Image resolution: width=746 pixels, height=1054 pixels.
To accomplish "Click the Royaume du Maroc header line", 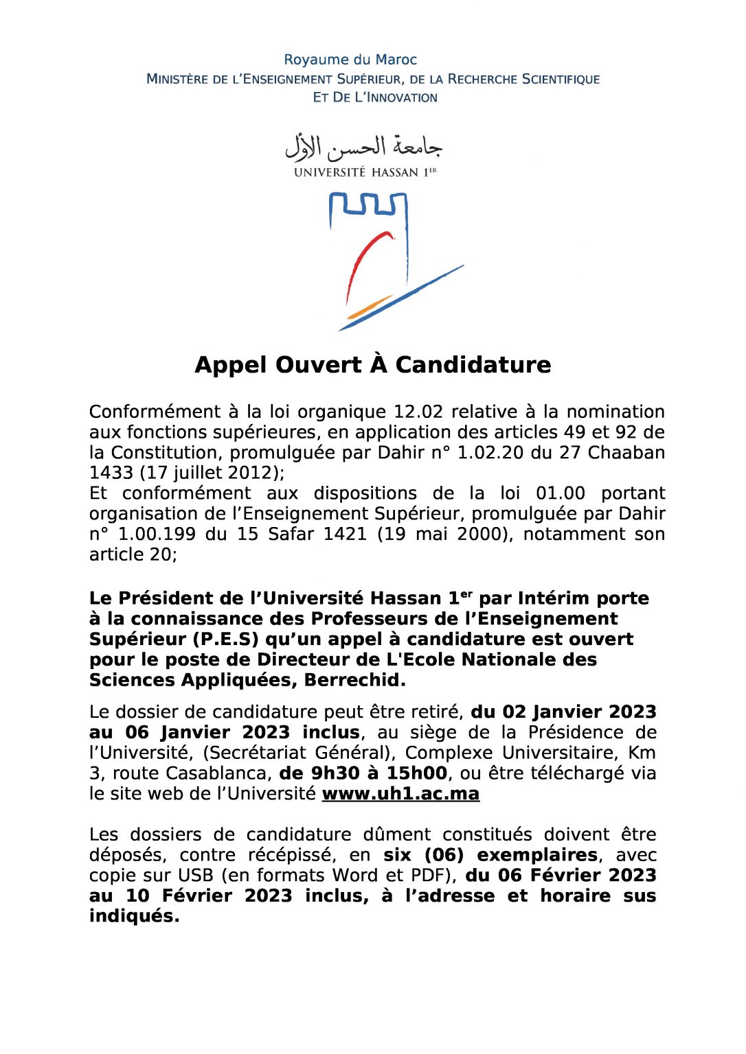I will tap(350, 60).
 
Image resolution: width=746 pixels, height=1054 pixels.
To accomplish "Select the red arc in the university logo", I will tap(364, 261).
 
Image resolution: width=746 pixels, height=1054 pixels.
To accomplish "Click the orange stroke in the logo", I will tap(370, 307).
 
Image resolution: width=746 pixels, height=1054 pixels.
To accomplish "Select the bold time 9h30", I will tap(336, 773).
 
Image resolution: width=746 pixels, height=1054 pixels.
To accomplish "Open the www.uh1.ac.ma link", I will tap(400, 794).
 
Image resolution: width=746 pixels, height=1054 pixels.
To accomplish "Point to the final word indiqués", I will tap(134, 916).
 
